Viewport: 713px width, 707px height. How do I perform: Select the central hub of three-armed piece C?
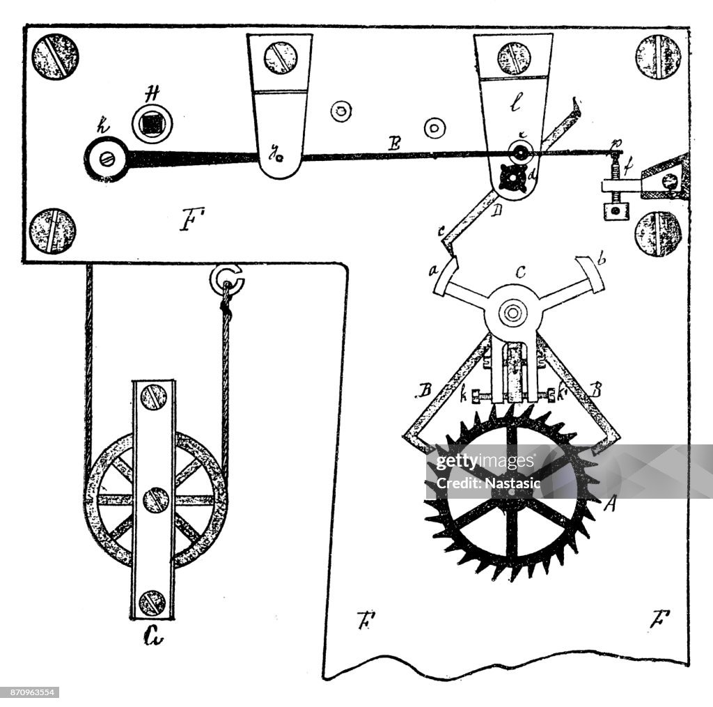pos(513,313)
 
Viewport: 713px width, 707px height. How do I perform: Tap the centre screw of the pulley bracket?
pos(155,499)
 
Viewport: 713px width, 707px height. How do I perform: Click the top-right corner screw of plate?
pos(659,57)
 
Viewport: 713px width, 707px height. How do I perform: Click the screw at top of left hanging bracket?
pos(281,58)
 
